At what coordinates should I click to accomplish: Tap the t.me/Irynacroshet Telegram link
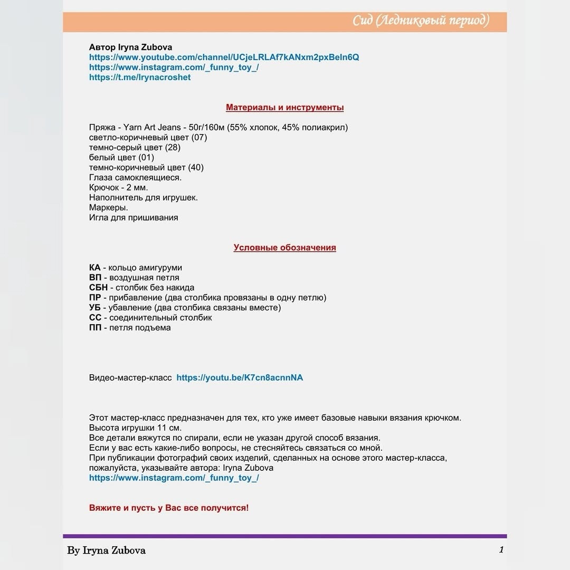140,77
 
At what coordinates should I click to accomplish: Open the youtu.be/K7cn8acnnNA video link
240,377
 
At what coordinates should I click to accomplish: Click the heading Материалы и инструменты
285,107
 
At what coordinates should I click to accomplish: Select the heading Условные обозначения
285,248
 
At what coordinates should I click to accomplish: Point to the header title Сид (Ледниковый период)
421,21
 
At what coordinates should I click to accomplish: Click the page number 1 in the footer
501,550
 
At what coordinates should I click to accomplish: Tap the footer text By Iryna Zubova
106,550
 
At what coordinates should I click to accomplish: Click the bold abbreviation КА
94,268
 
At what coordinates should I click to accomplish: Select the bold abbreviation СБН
98,288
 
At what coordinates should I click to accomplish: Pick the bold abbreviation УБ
95,308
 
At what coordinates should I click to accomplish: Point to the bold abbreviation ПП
95,328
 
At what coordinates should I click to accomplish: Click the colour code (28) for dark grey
173,147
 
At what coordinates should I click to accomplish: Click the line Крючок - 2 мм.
119,187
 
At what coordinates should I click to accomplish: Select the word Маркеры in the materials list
109,207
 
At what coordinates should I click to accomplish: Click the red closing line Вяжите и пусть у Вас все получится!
169,508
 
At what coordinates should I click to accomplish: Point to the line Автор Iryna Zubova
131,47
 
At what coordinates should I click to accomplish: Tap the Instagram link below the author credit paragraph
174,478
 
